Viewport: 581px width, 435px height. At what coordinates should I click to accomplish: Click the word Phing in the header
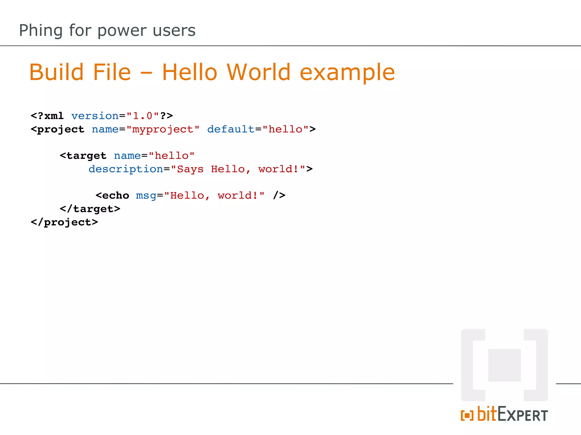(x=41, y=31)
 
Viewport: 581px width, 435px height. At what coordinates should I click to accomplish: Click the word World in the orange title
(x=258, y=72)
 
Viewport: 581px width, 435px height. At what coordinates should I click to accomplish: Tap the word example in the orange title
(x=347, y=73)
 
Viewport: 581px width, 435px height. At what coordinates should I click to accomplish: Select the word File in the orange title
(x=112, y=72)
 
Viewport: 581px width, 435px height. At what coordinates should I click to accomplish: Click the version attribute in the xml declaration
(x=95, y=116)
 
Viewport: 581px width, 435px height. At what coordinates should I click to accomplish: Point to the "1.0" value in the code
(x=143, y=116)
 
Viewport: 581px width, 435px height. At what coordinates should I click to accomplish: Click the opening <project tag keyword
(x=58, y=129)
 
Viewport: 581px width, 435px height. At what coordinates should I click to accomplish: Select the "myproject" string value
(x=163, y=129)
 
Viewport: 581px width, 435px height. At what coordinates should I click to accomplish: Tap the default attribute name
(x=231, y=129)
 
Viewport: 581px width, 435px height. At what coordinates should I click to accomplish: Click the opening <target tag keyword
(x=83, y=156)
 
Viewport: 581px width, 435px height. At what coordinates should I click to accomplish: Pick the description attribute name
(x=126, y=169)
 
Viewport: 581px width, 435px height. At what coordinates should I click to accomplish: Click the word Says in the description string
(x=190, y=169)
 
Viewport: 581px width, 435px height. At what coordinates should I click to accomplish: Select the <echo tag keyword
(x=112, y=195)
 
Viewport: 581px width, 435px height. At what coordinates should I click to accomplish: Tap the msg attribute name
(x=146, y=196)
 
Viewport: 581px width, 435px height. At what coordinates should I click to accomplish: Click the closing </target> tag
(x=90, y=209)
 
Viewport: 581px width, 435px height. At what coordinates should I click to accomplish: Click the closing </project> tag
(x=64, y=222)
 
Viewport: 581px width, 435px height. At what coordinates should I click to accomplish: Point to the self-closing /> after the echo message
(x=279, y=195)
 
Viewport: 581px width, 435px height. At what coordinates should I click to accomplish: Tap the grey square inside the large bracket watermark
(x=504, y=365)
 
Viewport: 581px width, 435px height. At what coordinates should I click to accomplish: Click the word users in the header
(x=174, y=31)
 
